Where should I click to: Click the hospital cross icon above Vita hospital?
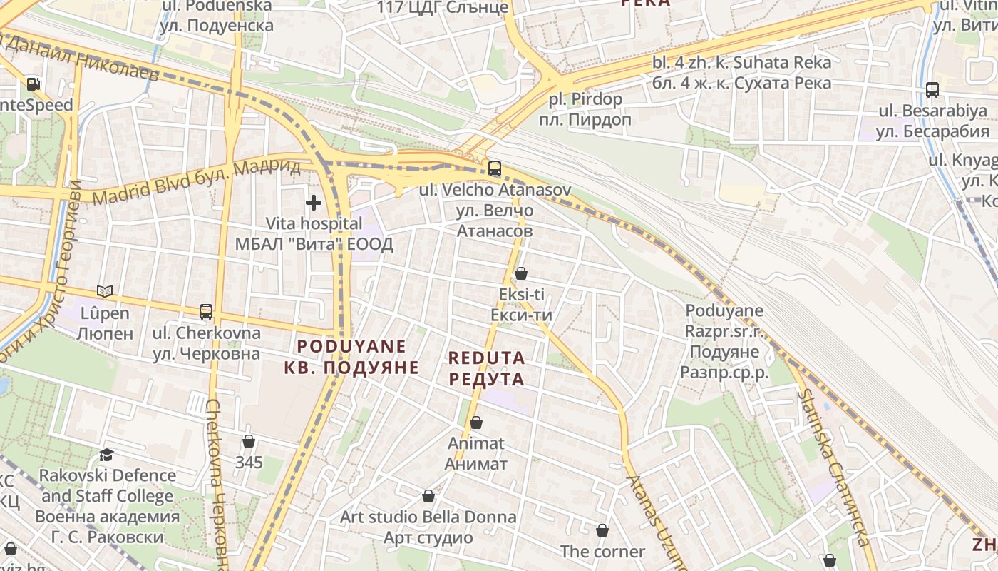click(314, 203)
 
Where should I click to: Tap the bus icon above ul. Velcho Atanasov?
click(494, 169)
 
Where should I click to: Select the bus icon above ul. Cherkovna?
click(206, 312)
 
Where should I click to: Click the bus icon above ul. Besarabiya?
click(932, 90)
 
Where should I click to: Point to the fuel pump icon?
click(33, 84)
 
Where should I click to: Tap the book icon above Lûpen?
click(105, 291)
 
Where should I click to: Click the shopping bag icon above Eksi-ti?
click(521, 273)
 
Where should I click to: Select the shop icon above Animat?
click(476, 423)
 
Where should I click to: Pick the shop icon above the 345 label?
click(249, 441)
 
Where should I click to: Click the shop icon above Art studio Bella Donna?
click(428, 496)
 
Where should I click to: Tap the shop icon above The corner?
click(602, 530)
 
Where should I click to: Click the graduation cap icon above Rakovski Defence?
click(107, 455)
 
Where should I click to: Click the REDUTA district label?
click(487, 358)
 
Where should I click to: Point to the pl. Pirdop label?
click(585, 99)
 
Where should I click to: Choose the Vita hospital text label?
click(314, 224)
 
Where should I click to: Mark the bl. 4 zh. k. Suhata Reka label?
click(741, 63)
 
